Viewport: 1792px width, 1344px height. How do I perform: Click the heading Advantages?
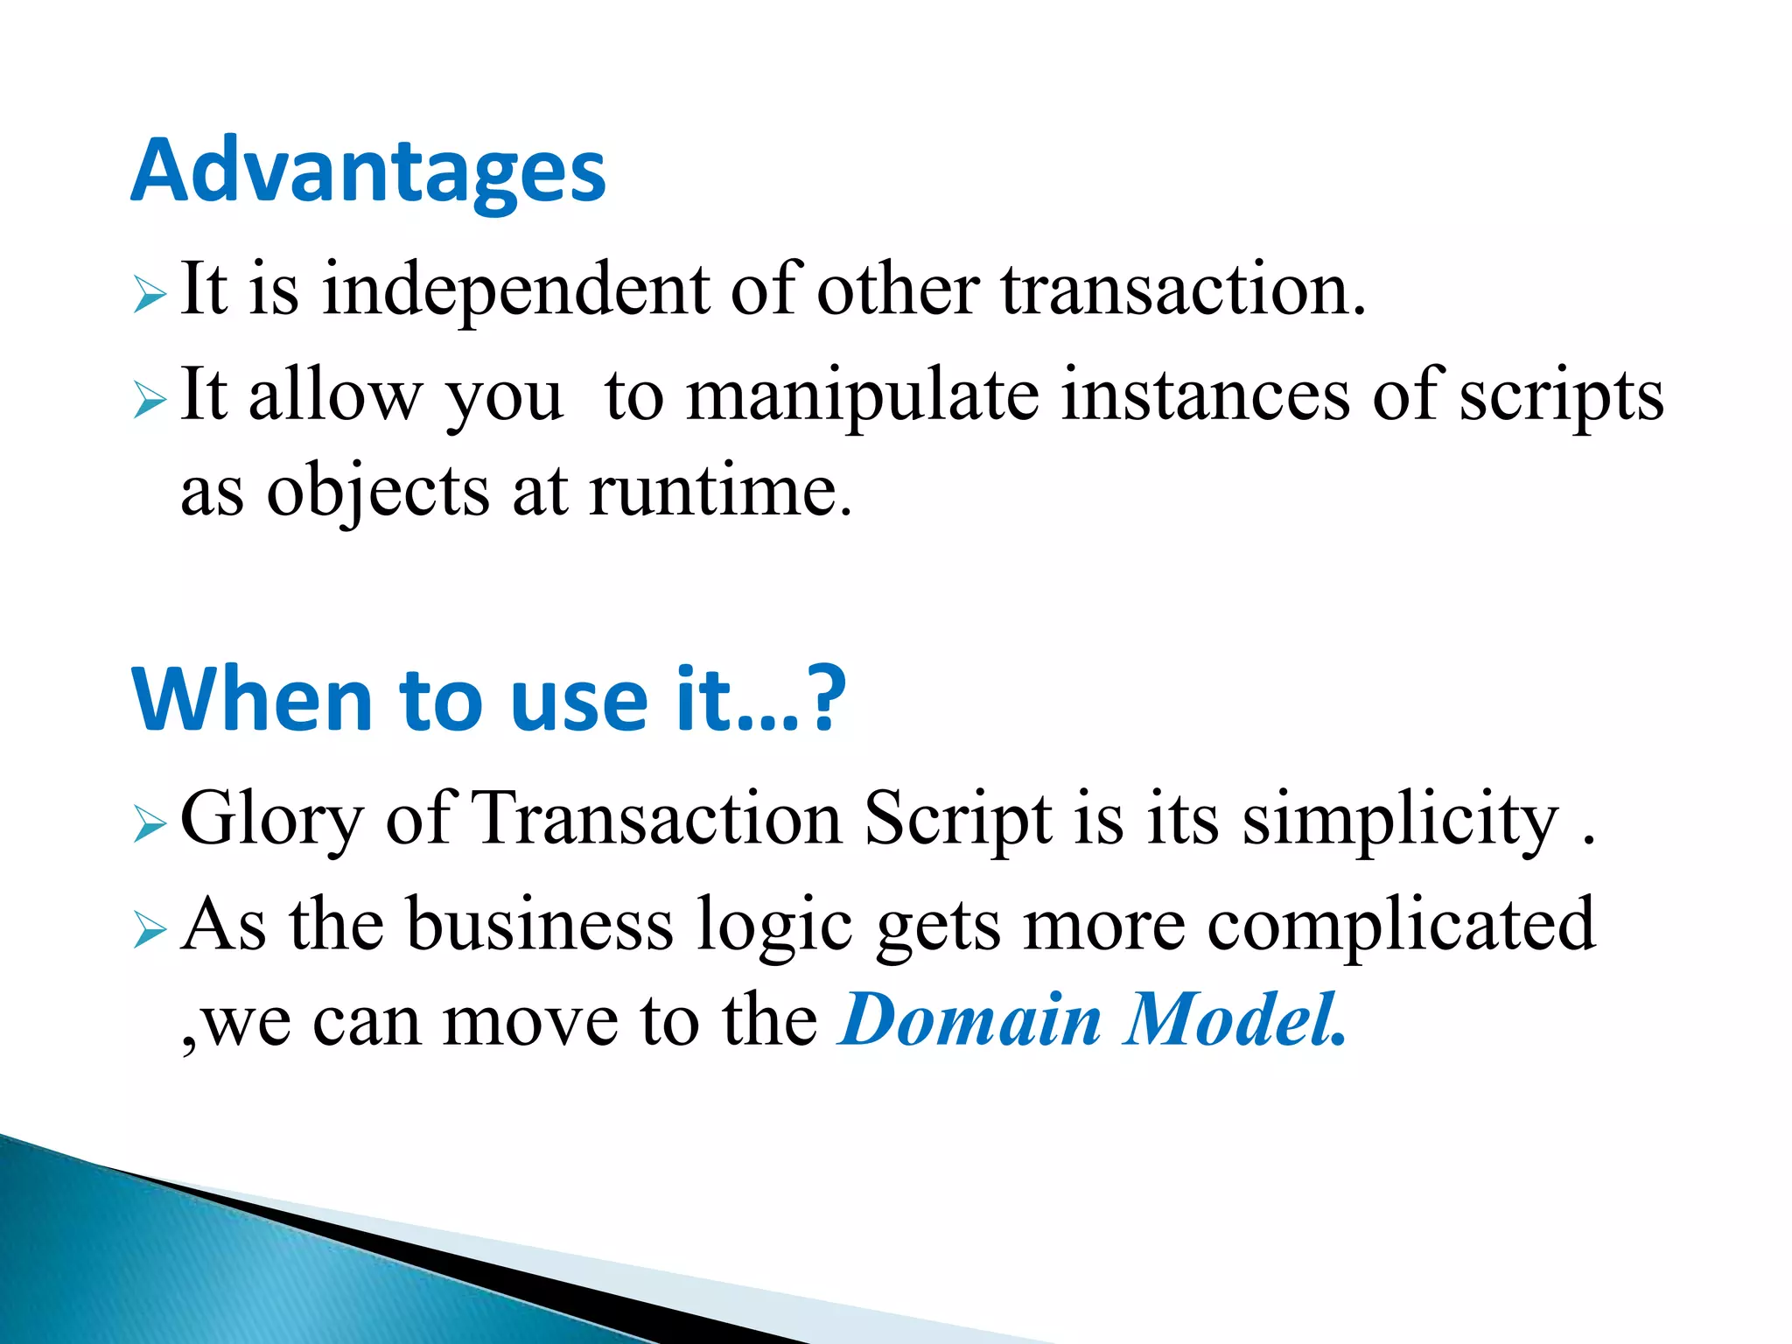367,172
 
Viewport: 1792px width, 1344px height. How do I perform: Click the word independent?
516,291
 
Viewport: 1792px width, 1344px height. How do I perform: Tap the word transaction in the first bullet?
1181,291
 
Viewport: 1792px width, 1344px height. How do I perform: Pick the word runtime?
719,492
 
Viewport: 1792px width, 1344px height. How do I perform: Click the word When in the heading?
254,700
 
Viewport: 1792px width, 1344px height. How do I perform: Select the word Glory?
271,821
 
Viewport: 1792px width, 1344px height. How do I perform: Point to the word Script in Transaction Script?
959,821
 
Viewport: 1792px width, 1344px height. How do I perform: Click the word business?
541,926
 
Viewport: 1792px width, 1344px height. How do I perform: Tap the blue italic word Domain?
969,1020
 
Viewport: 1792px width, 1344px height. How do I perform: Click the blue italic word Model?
1234,1020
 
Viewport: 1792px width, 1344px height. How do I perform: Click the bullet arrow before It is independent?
150,295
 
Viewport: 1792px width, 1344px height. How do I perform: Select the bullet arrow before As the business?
150,931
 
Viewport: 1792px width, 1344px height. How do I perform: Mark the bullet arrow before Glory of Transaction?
150,824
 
